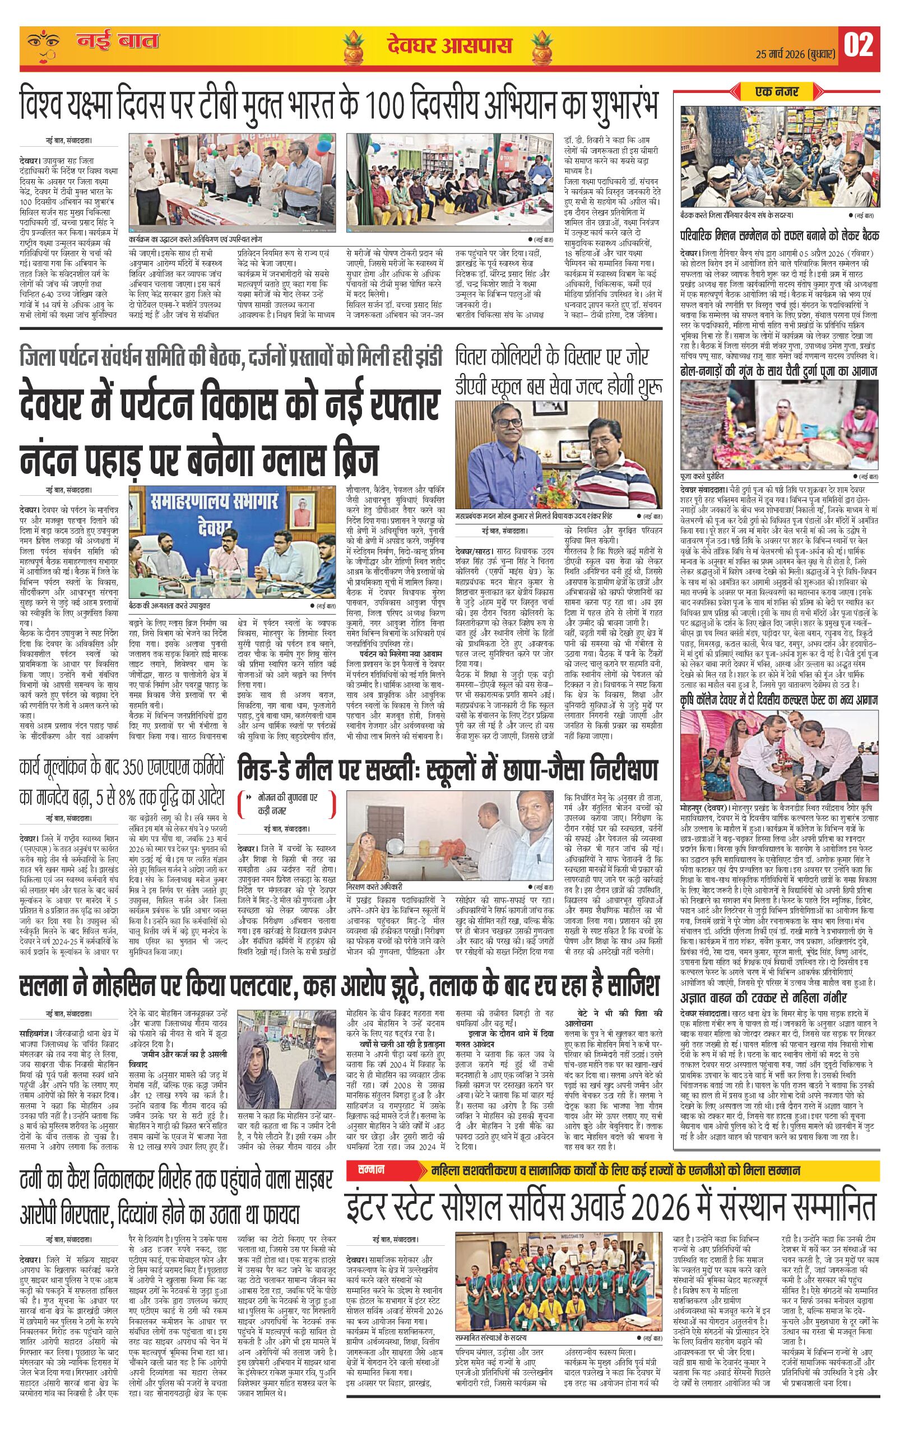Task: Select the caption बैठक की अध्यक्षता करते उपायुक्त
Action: [169, 603]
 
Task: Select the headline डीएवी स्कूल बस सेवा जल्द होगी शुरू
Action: [558, 387]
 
